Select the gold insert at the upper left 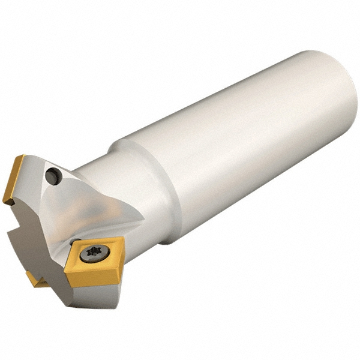pos(13,179)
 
